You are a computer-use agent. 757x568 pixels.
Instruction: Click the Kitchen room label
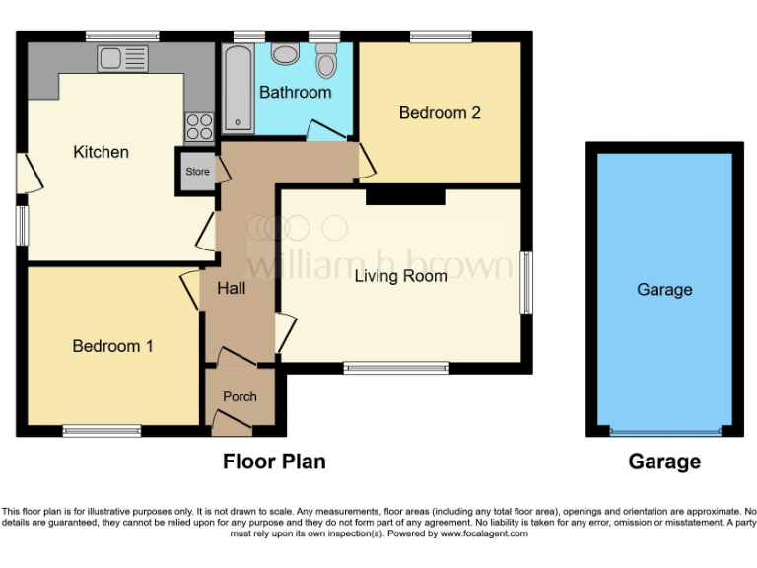click(102, 152)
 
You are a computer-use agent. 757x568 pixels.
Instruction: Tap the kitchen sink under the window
click(122, 58)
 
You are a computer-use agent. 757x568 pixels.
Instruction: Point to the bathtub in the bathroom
click(238, 89)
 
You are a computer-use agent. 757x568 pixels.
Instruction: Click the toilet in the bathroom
click(326, 61)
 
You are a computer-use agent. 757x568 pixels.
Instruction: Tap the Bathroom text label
click(295, 92)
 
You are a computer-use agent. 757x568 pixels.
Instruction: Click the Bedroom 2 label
click(440, 113)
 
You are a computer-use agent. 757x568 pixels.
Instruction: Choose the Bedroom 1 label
click(112, 346)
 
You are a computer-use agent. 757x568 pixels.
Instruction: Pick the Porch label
click(240, 396)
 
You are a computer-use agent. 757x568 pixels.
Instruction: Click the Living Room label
click(400, 276)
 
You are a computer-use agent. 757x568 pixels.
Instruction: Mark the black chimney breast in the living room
click(405, 196)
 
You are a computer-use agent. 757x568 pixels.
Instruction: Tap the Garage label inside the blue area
click(664, 290)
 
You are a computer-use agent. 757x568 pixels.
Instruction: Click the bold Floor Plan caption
click(274, 461)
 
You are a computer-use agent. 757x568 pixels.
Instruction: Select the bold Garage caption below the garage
click(664, 461)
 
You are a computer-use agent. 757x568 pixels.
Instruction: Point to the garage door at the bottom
click(664, 431)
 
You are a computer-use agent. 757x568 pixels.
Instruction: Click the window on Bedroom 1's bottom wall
click(103, 430)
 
